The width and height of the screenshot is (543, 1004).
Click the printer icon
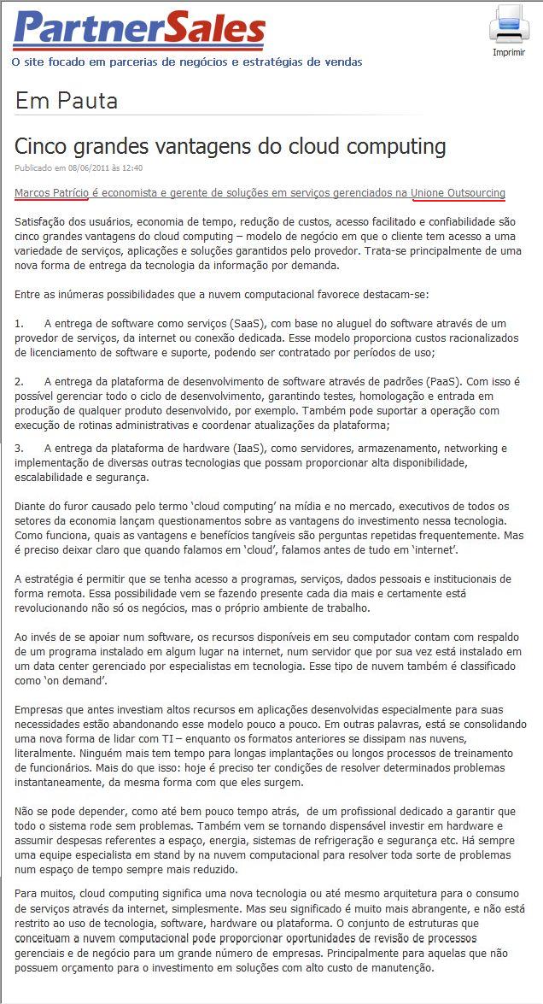(x=509, y=24)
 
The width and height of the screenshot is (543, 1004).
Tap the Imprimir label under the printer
(x=509, y=52)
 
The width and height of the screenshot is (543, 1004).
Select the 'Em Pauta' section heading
(x=67, y=102)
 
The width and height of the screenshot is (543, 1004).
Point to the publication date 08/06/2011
(x=90, y=168)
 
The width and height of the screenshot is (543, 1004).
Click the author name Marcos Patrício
(x=51, y=193)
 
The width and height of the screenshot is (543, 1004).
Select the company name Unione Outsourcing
(x=458, y=193)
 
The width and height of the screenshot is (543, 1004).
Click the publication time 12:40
(x=131, y=168)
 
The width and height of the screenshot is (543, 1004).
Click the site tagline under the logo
(x=187, y=62)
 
